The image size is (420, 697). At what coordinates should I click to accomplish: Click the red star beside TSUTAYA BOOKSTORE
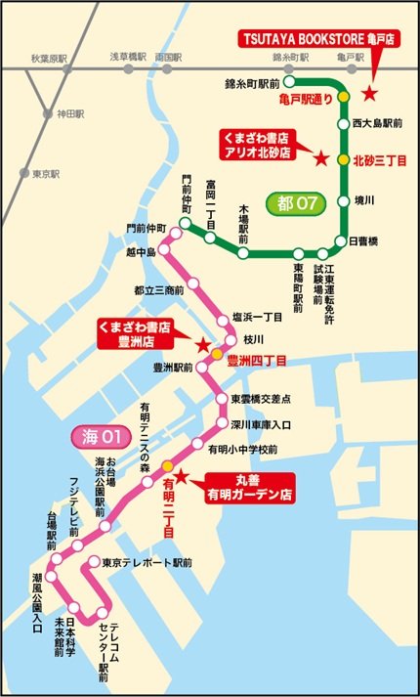tap(368, 93)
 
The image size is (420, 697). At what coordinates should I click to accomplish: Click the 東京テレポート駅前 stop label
tap(147, 564)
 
